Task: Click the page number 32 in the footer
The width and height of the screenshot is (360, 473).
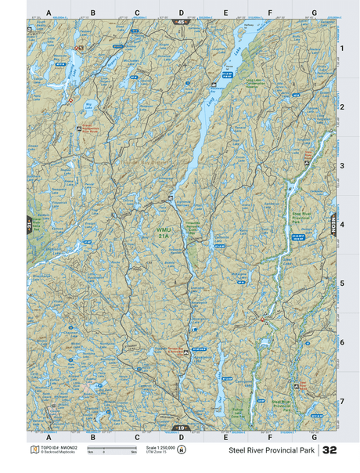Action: click(x=329, y=450)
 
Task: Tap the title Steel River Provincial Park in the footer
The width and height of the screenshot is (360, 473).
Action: click(x=270, y=451)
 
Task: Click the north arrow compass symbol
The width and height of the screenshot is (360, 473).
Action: click(x=182, y=450)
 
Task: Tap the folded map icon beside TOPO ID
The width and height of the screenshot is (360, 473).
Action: click(x=32, y=450)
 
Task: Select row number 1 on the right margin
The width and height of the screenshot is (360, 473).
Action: click(x=341, y=49)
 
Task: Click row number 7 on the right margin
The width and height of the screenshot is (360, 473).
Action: click(x=341, y=401)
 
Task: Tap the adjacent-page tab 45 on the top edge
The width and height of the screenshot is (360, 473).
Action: click(x=181, y=22)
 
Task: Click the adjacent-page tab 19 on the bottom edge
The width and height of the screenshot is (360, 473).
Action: click(x=181, y=427)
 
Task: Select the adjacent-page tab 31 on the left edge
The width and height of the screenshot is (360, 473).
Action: click(x=29, y=224)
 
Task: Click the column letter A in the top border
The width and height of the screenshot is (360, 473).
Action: click(x=49, y=13)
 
